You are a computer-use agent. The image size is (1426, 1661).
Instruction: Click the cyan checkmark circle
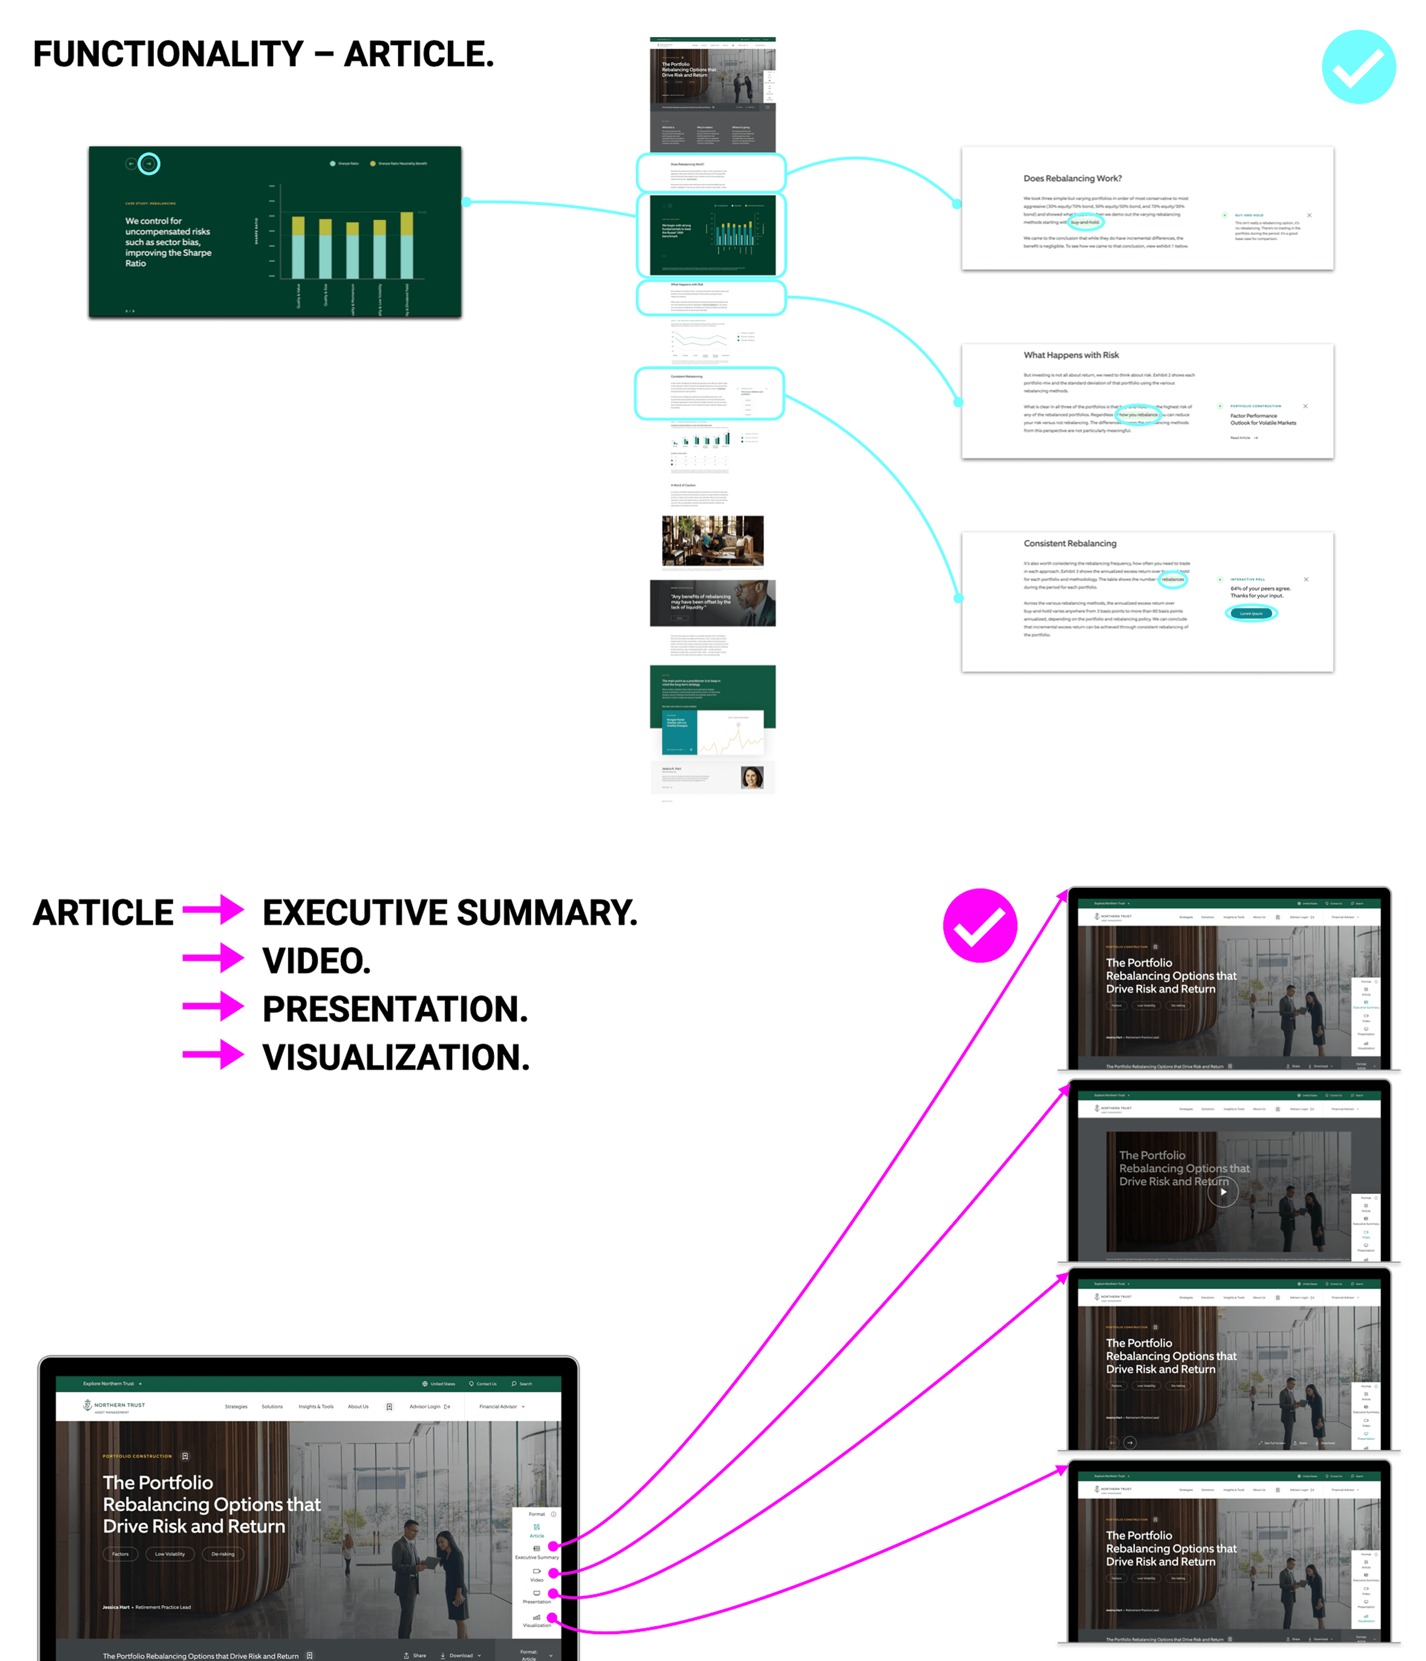[1359, 67]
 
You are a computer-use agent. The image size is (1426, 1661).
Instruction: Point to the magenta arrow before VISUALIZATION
[213, 1055]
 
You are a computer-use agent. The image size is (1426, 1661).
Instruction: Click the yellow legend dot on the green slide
[373, 163]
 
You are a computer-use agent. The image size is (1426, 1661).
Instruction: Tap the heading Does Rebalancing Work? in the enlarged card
[1072, 178]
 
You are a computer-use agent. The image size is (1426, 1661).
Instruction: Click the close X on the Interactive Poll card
[1306, 579]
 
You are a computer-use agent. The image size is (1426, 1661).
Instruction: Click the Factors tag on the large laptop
[120, 1554]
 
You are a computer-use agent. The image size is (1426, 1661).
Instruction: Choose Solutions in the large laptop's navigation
[272, 1406]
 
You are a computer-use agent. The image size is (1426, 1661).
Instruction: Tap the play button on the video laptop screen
[1222, 1192]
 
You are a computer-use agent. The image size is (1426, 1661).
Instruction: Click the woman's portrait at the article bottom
[752, 777]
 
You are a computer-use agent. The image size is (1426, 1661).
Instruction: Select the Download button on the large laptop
[461, 1655]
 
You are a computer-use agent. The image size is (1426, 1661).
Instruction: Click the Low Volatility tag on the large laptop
[169, 1554]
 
